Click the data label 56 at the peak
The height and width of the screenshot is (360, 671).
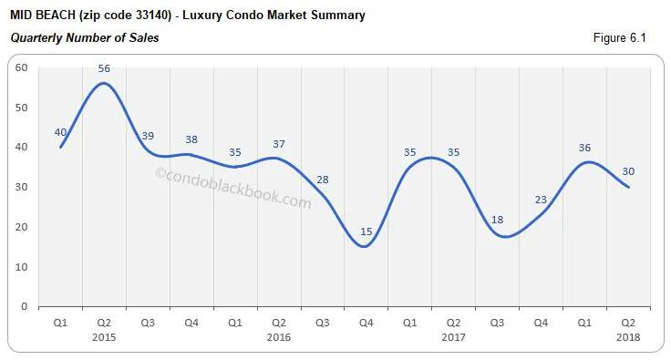click(104, 67)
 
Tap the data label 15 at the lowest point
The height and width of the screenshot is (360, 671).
click(366, 232)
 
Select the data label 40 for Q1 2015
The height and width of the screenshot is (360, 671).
click(60, 132)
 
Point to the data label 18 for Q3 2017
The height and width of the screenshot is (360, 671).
click(497, 220)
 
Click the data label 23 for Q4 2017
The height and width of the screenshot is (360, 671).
click(540, 201)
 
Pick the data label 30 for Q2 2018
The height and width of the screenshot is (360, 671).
click(628, 171)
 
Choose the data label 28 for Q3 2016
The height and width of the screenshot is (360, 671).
click(322, 180)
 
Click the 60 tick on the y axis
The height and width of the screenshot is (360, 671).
click(22, 67)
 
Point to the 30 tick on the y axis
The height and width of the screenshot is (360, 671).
click(22, 187)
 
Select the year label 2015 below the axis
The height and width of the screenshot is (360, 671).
click(104, 337)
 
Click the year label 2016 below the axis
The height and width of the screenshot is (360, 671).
click(278, 337)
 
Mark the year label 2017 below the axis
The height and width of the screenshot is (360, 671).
click(453, 337)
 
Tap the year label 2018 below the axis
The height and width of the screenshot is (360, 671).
click(628, 337)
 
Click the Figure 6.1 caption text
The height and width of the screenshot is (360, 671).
click(619, 38)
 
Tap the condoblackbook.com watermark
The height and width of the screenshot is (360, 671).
click(233, 188)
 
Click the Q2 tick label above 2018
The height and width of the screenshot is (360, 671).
click(628, 323)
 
